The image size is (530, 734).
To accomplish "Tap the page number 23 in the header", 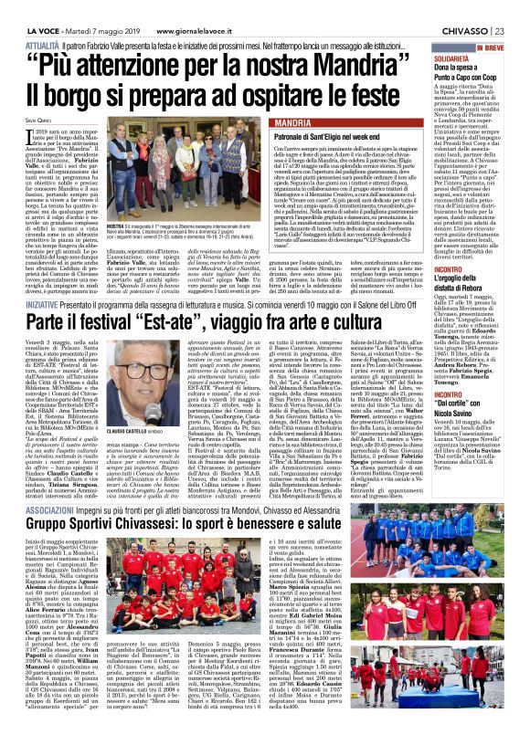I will click(517, 9).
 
